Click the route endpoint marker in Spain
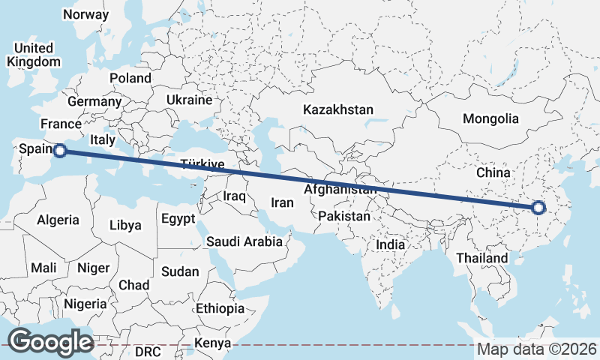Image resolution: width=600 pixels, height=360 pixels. pos(60,151)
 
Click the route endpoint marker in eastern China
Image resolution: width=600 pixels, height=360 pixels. pos(538,208)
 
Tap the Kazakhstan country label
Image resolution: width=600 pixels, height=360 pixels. pos(337,110)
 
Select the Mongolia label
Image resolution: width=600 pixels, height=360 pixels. pos(490,118)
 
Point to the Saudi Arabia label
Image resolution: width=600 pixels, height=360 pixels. pos(244,241)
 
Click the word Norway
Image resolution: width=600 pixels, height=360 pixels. pos(85,14)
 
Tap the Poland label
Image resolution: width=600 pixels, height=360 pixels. pos(130,78)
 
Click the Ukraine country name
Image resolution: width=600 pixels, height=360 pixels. pos(189,100)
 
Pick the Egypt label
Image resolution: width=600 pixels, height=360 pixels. pos(178,218)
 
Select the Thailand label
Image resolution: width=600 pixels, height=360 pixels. pos(481,258)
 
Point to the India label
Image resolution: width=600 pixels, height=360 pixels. pos(390,244)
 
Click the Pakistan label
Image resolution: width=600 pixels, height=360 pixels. pos(344,216)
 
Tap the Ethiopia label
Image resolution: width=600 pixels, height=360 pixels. pos(220,308)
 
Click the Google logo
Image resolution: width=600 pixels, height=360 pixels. pos(50,341)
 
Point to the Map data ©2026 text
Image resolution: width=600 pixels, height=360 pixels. pos(536,349)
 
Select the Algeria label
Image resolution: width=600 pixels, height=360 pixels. pos(58,220)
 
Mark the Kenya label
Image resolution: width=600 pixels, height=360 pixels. pos(212,343)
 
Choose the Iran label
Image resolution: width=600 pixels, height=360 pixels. pos(282,202)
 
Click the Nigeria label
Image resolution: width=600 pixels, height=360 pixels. pos(85,304)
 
